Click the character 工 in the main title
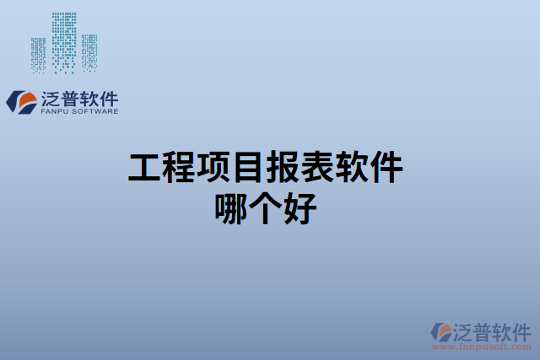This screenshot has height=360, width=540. tap(145, 169)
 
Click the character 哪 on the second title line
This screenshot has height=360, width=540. tap(235, 207)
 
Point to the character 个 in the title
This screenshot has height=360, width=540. tap(269, 207)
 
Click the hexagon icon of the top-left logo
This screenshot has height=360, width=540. tap(20, 102)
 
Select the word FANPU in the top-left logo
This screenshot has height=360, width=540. tap(55, 110)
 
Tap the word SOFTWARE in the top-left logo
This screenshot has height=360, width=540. tap(94, 110)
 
